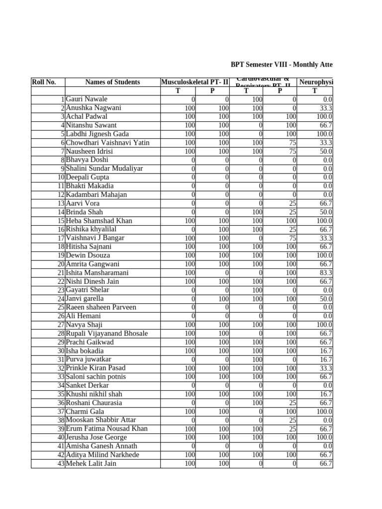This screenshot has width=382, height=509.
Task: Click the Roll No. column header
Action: pyautogui.click(x=44, y=82)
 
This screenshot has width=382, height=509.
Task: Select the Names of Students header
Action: pyautogui.click(x=112, y=82)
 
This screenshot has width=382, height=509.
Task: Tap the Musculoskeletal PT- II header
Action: pyautogui.click(x=194, y=82)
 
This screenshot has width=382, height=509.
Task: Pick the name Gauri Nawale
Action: pyautogui.click(x=87, y=99)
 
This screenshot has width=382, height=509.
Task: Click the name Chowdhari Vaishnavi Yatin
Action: pyautogui.click(x=107, y=143)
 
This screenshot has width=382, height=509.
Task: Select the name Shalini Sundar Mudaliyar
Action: pyautogui.click(x=104, y=169)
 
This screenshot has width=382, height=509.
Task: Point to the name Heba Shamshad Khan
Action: pyautogui.click(x=99, y=221)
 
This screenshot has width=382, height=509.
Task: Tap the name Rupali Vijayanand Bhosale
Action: pyautogui.click(x=106, y=334)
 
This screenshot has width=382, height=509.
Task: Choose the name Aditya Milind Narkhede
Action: pyautogui.click(x=102, y=455)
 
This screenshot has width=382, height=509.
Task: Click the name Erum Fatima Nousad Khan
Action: pyautogui.click(x=106, y=429)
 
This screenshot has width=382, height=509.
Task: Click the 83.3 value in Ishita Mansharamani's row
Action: pyautogui.click(x=326, y=273)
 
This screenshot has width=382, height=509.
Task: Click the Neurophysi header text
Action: pyautogui.click(x=316, y=82)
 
